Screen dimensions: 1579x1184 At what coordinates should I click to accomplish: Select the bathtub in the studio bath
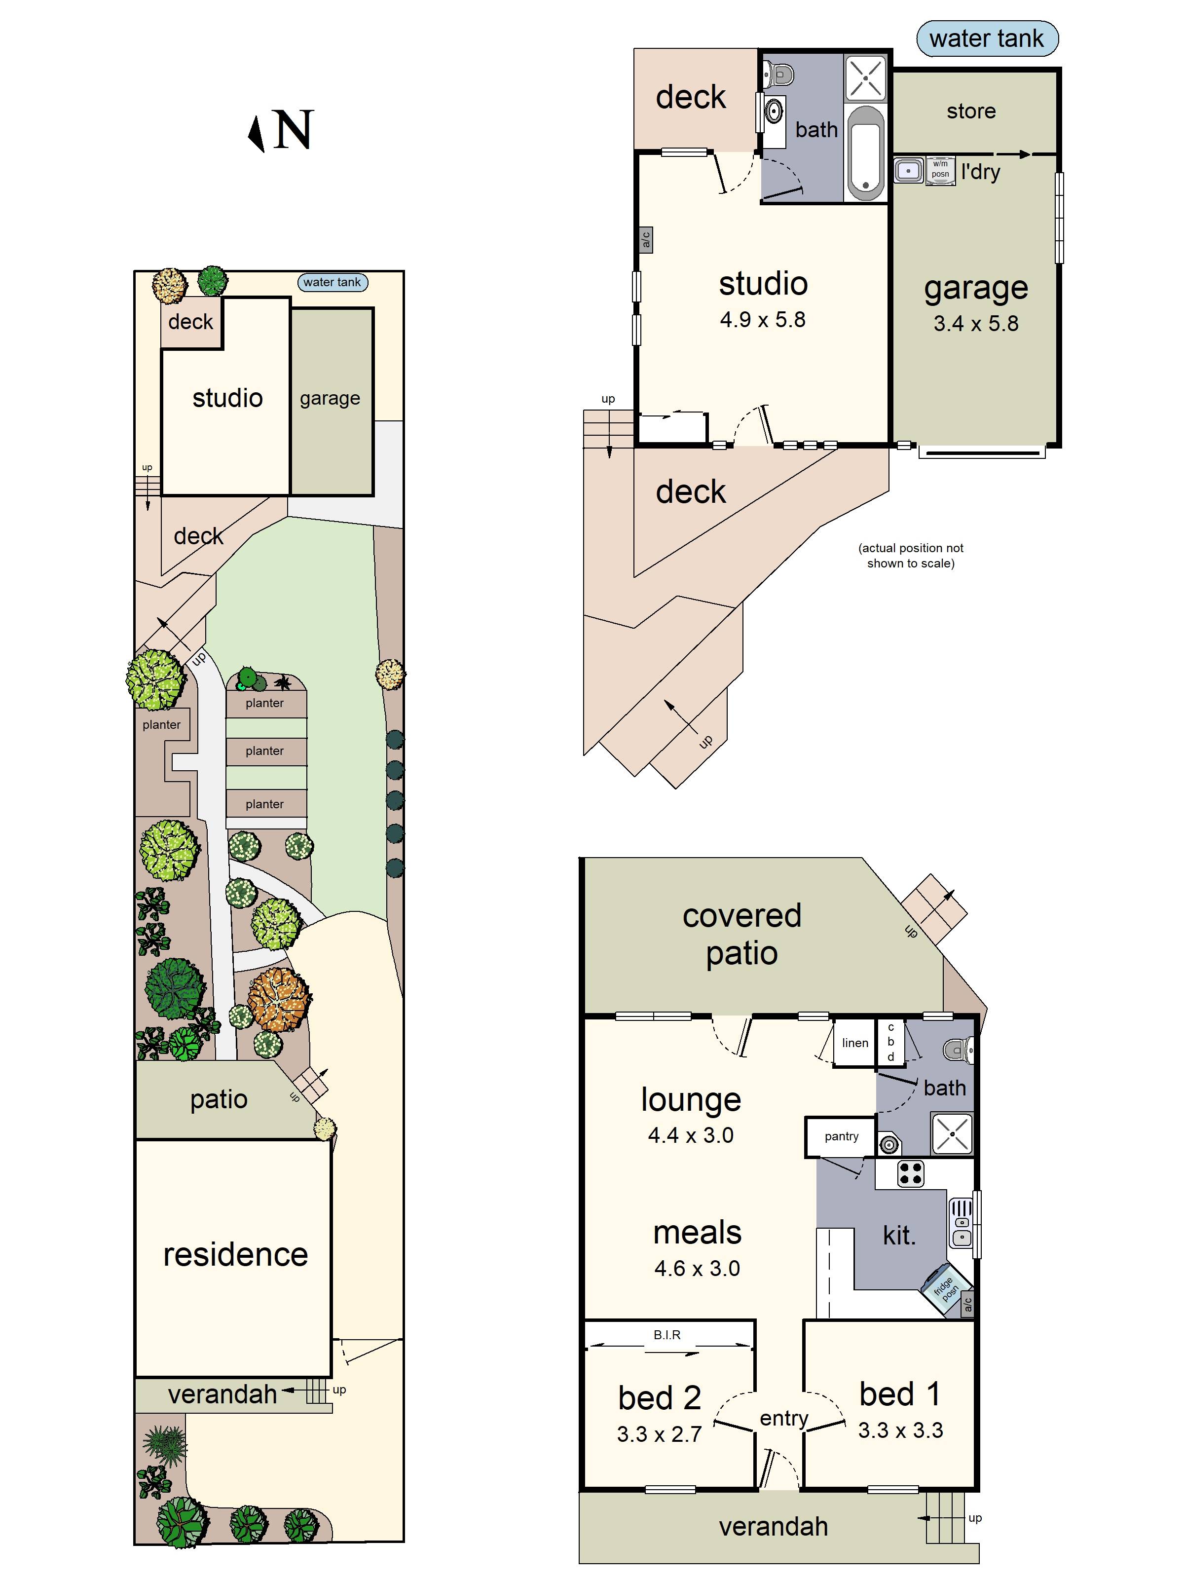point(866,153)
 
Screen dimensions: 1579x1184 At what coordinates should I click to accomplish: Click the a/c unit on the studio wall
point(645,239)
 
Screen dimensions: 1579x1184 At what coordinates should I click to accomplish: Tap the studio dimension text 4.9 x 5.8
point(762,320)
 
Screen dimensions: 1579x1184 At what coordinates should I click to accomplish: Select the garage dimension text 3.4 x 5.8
point(976,324)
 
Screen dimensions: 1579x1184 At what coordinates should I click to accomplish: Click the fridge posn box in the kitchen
point(944,1288)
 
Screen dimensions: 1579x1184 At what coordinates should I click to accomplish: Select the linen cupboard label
point(854,1043)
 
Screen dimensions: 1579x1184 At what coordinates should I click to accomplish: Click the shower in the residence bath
point(952,1133)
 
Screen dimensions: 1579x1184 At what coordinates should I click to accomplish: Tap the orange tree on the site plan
point(280,999)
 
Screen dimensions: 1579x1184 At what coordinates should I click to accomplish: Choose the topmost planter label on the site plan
point(265,703)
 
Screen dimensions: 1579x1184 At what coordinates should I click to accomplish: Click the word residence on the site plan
point(235,1254)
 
